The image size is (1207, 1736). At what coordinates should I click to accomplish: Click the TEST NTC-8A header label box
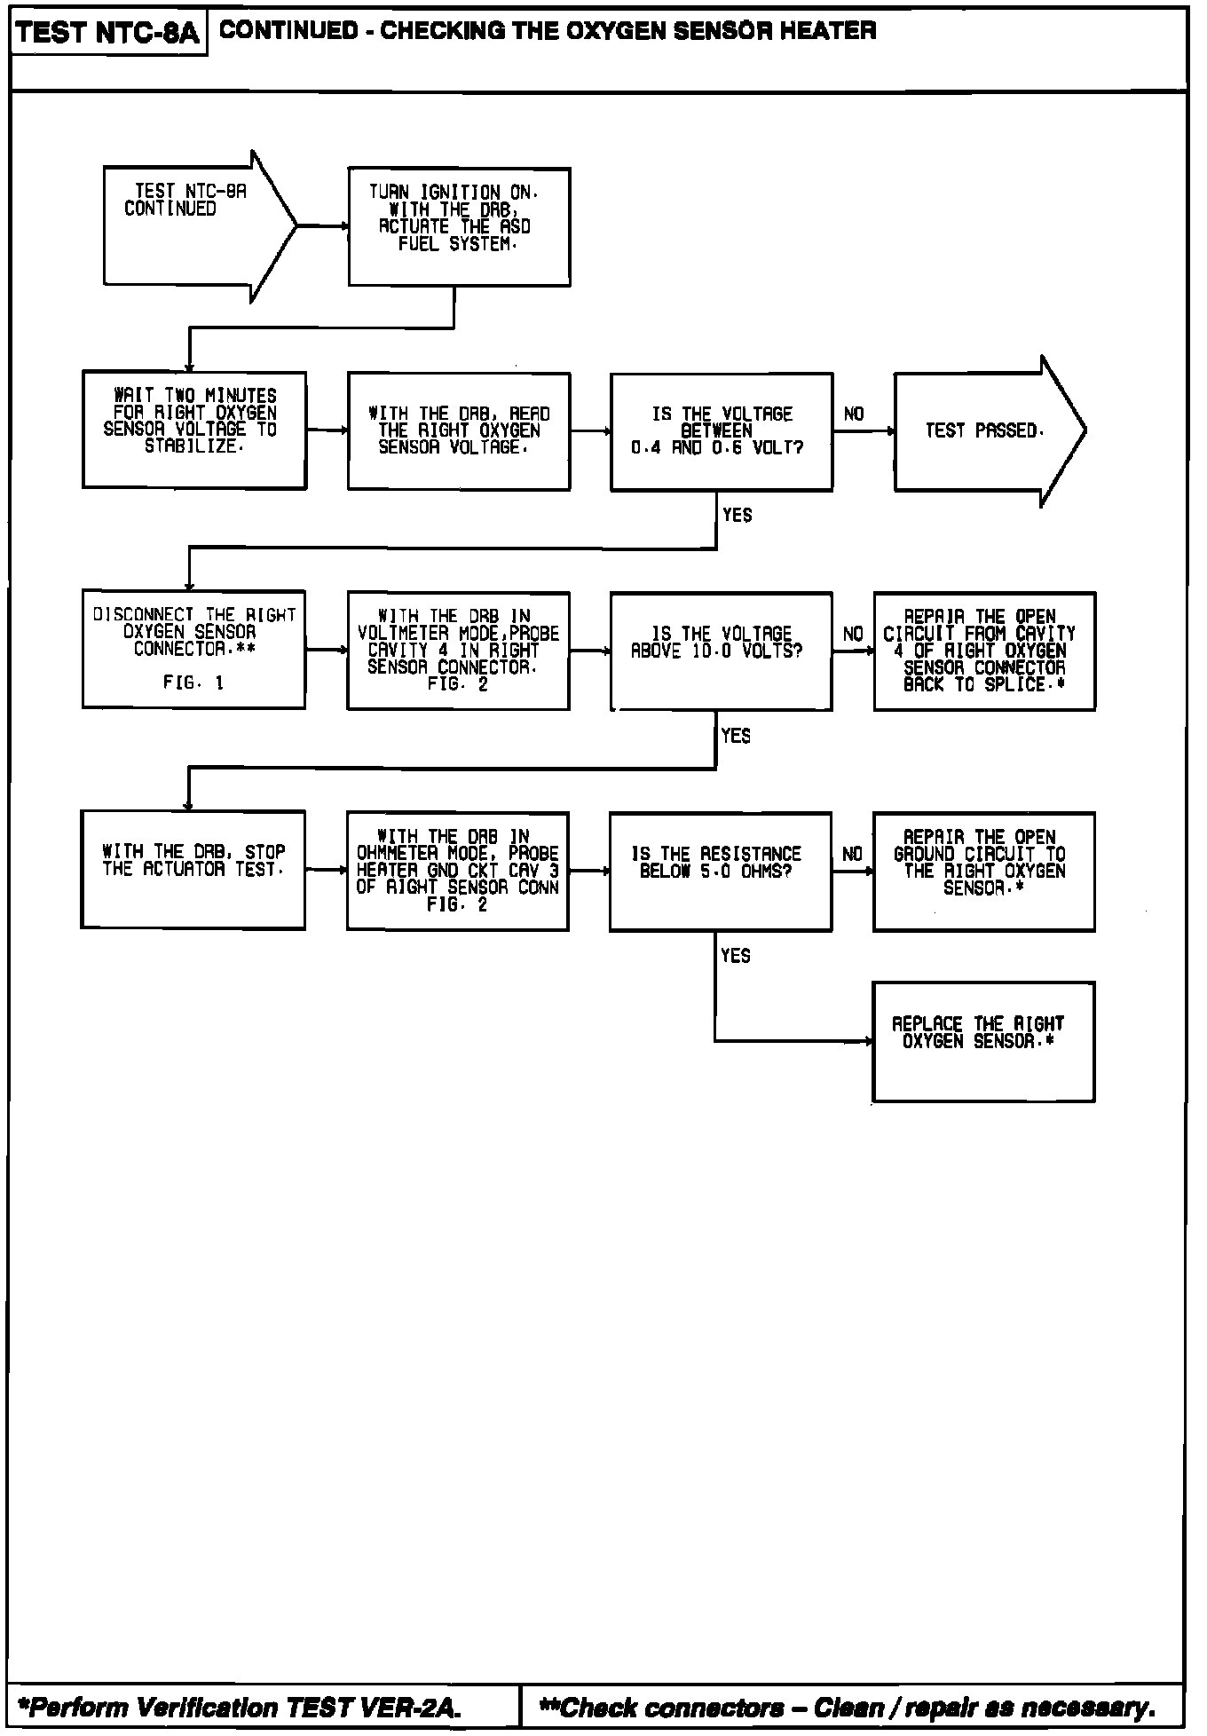point(108,33)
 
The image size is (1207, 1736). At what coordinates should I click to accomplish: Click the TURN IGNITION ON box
point(459,226)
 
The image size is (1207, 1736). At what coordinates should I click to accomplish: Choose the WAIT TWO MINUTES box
point(194,430)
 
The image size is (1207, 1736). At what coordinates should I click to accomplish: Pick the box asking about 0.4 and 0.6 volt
point(721,431)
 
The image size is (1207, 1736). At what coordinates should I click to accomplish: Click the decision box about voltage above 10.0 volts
point(721,651)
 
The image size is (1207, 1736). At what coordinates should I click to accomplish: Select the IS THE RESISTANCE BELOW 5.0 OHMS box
point(720,871)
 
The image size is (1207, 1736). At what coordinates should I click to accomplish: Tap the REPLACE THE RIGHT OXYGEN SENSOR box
point(983,1041)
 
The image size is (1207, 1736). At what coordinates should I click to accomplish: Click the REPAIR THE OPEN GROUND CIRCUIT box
point(983,871)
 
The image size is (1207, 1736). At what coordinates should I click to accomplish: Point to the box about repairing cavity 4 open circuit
point(984,651)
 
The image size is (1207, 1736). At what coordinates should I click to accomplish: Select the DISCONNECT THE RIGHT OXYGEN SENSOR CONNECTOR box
point(193,649)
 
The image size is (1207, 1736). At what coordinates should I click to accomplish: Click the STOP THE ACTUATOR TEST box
point(193,869)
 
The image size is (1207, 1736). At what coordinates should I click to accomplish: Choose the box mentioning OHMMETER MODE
point(457,871)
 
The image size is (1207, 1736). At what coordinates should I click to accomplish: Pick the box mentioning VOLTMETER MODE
point(458,651)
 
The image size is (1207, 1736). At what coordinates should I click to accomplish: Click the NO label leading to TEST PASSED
point(854,414)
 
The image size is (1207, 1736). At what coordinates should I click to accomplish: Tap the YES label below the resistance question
point(736,956)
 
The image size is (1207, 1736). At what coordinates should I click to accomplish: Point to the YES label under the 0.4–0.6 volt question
point(737,516)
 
